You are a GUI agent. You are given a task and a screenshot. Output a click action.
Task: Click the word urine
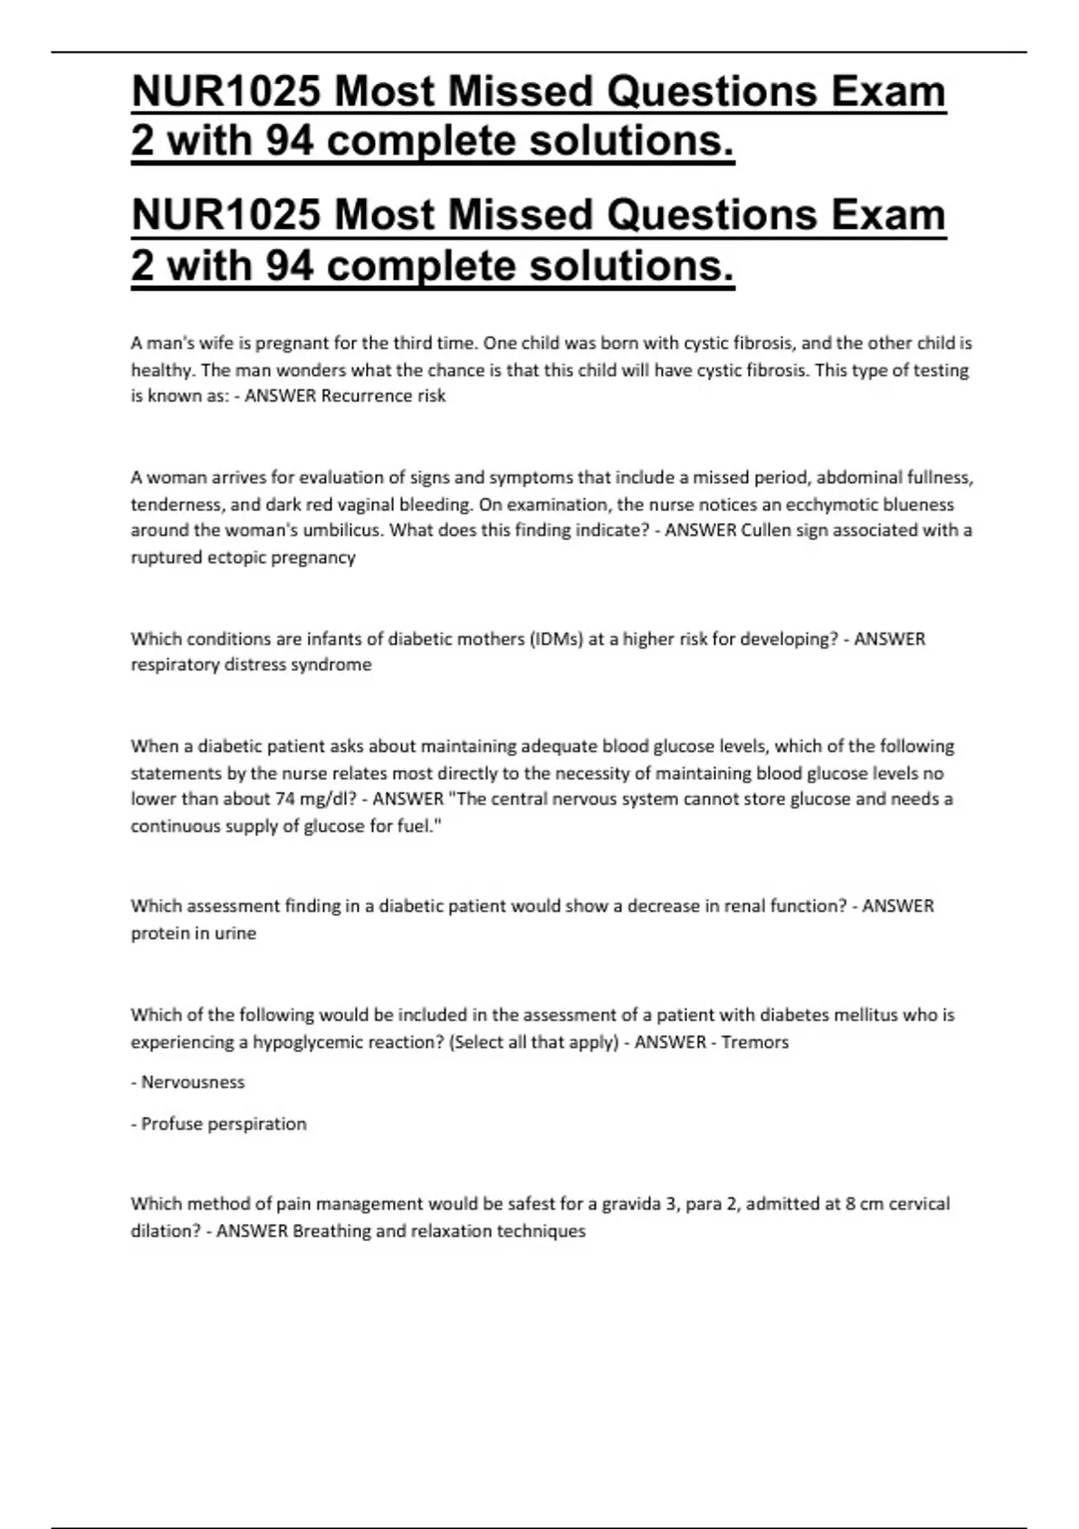[x=234, y=933]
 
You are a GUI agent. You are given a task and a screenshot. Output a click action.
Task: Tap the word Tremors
[x=755, y=1042]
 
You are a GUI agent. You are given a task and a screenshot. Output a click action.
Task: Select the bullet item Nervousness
[x=192, y=1082]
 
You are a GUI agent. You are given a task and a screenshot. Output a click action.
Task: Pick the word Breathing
[x=331, y=1230]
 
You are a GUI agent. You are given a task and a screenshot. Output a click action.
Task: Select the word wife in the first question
[x=217, y=343]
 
